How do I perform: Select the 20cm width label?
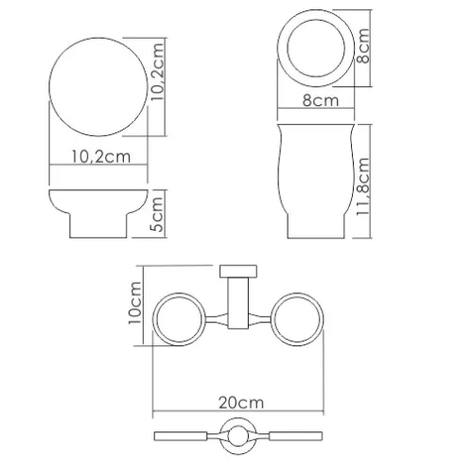pyautogui.click(x=236, y=401)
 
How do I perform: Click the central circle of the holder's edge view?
pyautogui.click(x=236, y=438)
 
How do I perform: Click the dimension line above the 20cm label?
pyautogui.click(x=236, y=412)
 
